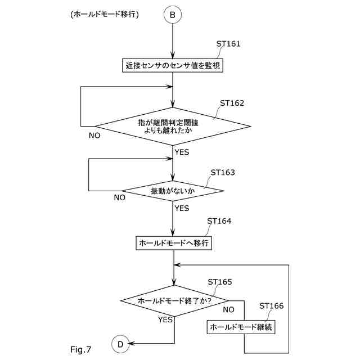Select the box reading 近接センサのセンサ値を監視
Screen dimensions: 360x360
pos(173,66)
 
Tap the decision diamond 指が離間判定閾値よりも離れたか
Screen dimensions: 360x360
pos(173,126)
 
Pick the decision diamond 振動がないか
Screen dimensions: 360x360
pos(173,191)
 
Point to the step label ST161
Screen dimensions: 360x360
pos(228,43)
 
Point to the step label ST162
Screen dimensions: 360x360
pos(232,103)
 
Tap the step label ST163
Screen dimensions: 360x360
pos(222,172)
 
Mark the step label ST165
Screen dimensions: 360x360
pos(220,281)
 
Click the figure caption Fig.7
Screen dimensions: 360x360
pos(80,350)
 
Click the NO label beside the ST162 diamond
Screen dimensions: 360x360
pos(95,136)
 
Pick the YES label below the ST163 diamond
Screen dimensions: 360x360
pos(182,208)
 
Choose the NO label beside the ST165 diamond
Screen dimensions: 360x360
pos(228,309)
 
